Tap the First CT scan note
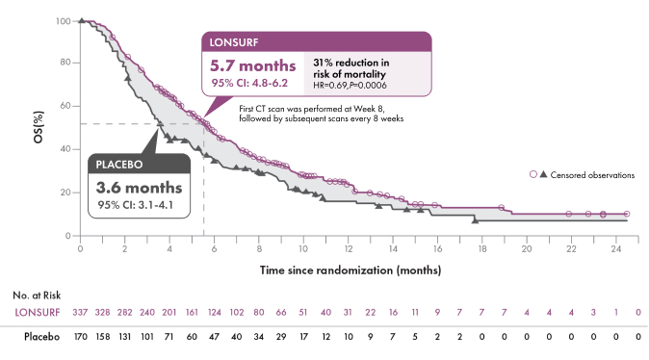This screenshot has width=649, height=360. (x=320, y=114)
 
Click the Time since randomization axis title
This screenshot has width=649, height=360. (x=351, y=270)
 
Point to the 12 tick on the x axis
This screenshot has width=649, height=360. (x=348, y=249)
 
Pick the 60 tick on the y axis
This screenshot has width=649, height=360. (x=65, y=106)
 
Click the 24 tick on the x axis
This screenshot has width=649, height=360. (x=614, y=249)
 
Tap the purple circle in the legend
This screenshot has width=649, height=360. (x=532, y=174)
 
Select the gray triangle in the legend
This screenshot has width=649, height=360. (x=543, y=174)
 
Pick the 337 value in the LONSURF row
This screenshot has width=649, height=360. (x=82, y=314)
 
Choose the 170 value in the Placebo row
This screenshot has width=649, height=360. (x=82, y=338)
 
